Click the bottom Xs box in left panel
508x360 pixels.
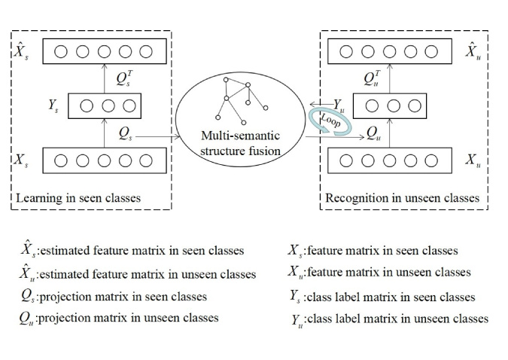click(103, 160)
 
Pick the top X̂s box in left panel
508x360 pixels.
click(103, 52)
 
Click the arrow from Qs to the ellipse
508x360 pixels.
click(158, 137)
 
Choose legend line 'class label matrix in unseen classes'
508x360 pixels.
click(390, 319)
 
